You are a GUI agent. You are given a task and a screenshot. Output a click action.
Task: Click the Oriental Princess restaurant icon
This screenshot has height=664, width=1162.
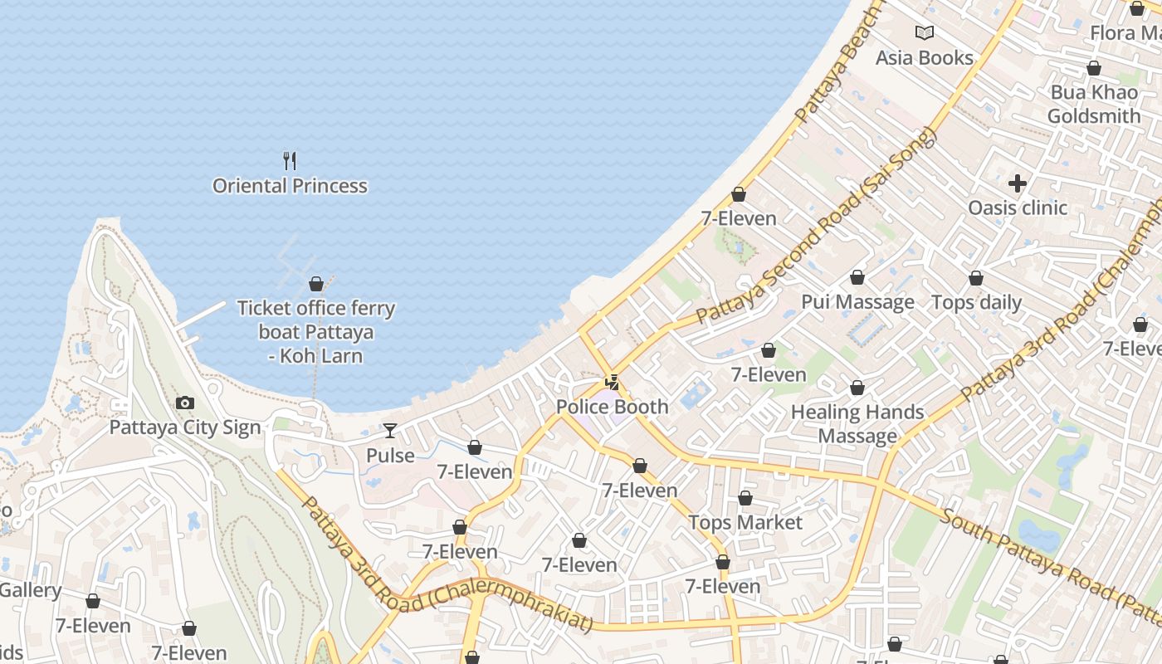click(290, 160)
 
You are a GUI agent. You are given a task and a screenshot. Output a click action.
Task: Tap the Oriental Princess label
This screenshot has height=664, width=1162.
click(290, 186)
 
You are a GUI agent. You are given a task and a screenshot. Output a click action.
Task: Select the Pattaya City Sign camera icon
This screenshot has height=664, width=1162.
click(185, 403)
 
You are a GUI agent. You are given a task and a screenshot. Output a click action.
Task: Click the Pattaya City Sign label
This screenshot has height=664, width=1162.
click(185, 428)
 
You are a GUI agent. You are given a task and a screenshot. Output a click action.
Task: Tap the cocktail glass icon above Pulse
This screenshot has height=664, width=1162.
click(390, 431)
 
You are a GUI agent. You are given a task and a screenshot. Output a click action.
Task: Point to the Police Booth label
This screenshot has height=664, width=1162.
click(612, 407)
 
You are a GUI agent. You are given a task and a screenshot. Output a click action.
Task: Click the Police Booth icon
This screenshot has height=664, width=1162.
click(613, 383)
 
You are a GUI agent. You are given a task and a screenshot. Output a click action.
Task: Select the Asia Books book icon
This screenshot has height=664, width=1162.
click(925, 33)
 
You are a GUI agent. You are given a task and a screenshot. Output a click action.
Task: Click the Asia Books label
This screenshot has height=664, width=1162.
click(925, 58)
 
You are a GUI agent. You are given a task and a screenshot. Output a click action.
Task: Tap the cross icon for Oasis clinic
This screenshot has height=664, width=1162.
click(1018, 183)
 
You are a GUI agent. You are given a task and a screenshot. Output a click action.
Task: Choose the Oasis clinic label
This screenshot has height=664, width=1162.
click(1018, 207)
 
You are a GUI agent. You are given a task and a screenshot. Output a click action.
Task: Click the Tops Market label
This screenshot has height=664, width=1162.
click(745, 523)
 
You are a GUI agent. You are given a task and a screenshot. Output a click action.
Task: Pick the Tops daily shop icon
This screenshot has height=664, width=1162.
click(976, 278)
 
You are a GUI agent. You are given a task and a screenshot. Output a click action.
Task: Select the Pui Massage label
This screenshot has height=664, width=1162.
click(857, 302)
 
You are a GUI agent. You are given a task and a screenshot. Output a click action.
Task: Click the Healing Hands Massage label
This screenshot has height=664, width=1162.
click(857, 424)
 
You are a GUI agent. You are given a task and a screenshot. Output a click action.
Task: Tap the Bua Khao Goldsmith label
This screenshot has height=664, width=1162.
click(1094, 104)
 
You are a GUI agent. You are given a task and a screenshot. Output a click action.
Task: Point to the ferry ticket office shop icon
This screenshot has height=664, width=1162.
click(315, 284)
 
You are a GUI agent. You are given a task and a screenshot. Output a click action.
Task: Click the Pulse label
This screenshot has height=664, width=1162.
click(390, 456)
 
